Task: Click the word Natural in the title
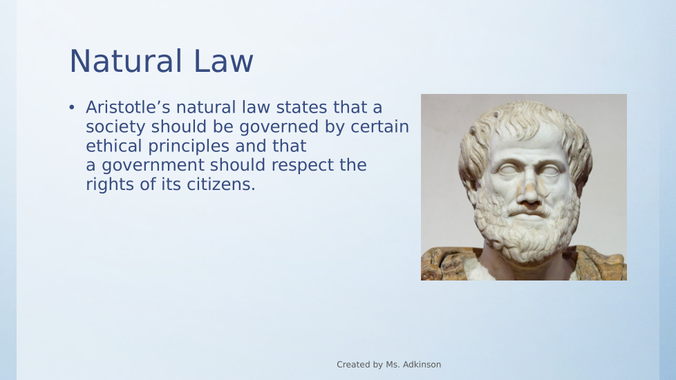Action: [x=126, y=61]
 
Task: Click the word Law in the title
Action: [x=223, y=61]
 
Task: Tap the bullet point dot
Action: [x=72, y=107]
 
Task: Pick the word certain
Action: [x=379, y=126]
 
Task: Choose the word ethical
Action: [x=114, y=146]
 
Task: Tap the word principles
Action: [x=189, y=146]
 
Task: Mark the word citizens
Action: [x=221, y=184]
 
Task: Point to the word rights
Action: [x=110, y=185]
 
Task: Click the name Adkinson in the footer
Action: [x=422, y=365]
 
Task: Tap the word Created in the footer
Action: [x=350, y=365]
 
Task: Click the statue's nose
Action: [x=529, y=189]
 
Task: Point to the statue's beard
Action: [x=527, y=228]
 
